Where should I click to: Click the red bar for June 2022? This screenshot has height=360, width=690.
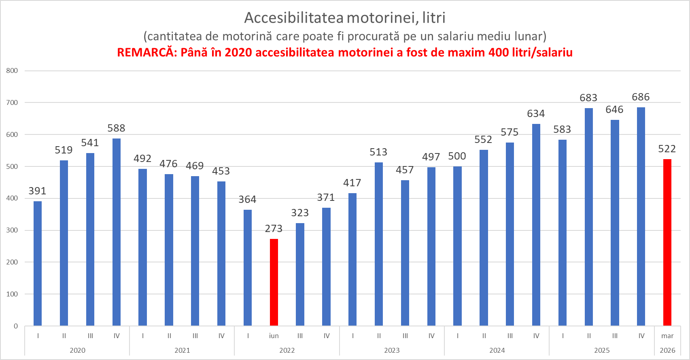point(274,282)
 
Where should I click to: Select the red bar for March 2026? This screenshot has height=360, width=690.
point(667,242)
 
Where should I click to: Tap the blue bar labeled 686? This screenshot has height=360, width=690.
point(641,216)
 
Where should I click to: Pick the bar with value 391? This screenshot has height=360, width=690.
point(38,263)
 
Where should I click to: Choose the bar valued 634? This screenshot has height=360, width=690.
point(536,225)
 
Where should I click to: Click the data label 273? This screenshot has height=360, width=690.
point(274,229)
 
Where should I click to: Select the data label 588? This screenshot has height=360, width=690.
point(116,128)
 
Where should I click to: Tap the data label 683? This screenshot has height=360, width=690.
point(588,98)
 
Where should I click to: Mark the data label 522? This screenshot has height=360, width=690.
point(667,149)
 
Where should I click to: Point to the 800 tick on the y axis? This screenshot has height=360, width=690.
point(12,71)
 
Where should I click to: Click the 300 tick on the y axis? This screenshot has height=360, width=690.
point(12,230)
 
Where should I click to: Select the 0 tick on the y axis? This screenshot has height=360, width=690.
point(16,326)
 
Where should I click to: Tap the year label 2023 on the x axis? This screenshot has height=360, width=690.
point(392,350)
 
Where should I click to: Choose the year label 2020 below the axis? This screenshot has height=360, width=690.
point(77,350)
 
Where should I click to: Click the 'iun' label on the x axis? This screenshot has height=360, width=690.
point(274,336)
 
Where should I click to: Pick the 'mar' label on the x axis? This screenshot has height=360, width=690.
point(667,336)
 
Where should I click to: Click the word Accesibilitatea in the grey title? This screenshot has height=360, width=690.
point(294,18)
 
